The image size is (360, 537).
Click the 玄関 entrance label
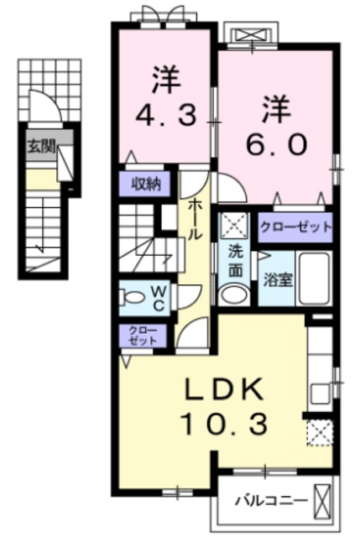click(41, 148)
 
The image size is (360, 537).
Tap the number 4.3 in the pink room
click(166, 115)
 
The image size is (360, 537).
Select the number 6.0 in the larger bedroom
click(276, 144)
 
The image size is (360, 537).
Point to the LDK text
click(224, 389)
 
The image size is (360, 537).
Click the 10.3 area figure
click(224, 424)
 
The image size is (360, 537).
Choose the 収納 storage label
click(147, 185)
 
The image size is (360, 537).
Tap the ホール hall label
click(194, 219)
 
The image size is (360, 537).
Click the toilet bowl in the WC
click(132, 296)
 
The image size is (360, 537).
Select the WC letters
click(159, 299)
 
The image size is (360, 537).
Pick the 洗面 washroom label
click(236, 262)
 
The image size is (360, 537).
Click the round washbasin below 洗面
click(234, 295)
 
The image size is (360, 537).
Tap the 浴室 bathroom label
click(278, 280)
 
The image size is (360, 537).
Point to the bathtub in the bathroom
click(314, 279)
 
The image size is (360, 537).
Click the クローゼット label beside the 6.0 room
click(296, 227)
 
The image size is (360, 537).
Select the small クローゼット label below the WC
click(143, 336)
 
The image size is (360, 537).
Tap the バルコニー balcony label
click(270, 501)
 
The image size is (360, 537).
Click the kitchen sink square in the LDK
click(320, 394)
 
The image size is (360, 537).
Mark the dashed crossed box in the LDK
click(320, 433)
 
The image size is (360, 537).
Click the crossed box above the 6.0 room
click(249, 35)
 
